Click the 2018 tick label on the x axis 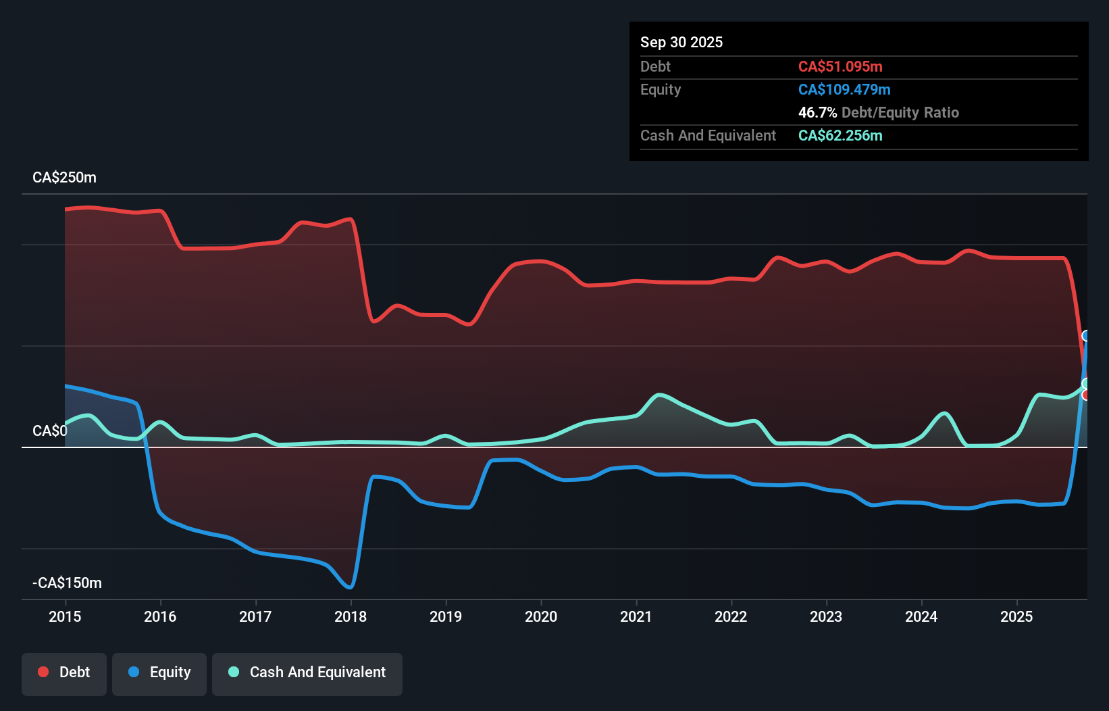point(350,616)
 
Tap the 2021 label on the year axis point(636,616)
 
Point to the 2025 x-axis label point(1016,616)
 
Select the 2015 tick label point(65,616)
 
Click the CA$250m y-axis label point(64,178)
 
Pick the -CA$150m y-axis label point(67,583)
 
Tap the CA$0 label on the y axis point(49,431)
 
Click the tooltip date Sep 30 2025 point(681,42)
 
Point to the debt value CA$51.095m point(840,66)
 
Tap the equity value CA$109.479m point(844,89)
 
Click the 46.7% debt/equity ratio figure point(817,112)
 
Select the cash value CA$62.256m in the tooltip point(840,135)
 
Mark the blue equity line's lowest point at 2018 point(350,587)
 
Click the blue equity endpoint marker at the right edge point(1085,336)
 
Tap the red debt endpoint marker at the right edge point(1085,395)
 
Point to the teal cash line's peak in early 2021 point(659,394)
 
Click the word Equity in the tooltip point(660,89)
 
